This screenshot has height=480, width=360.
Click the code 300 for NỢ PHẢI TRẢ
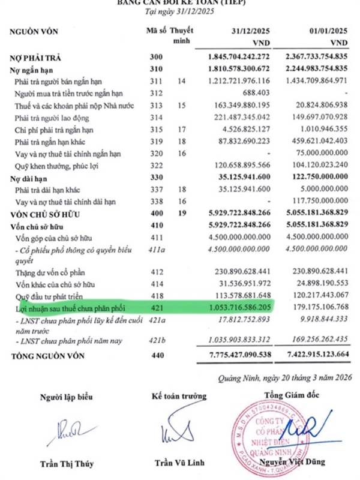point(154,58)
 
